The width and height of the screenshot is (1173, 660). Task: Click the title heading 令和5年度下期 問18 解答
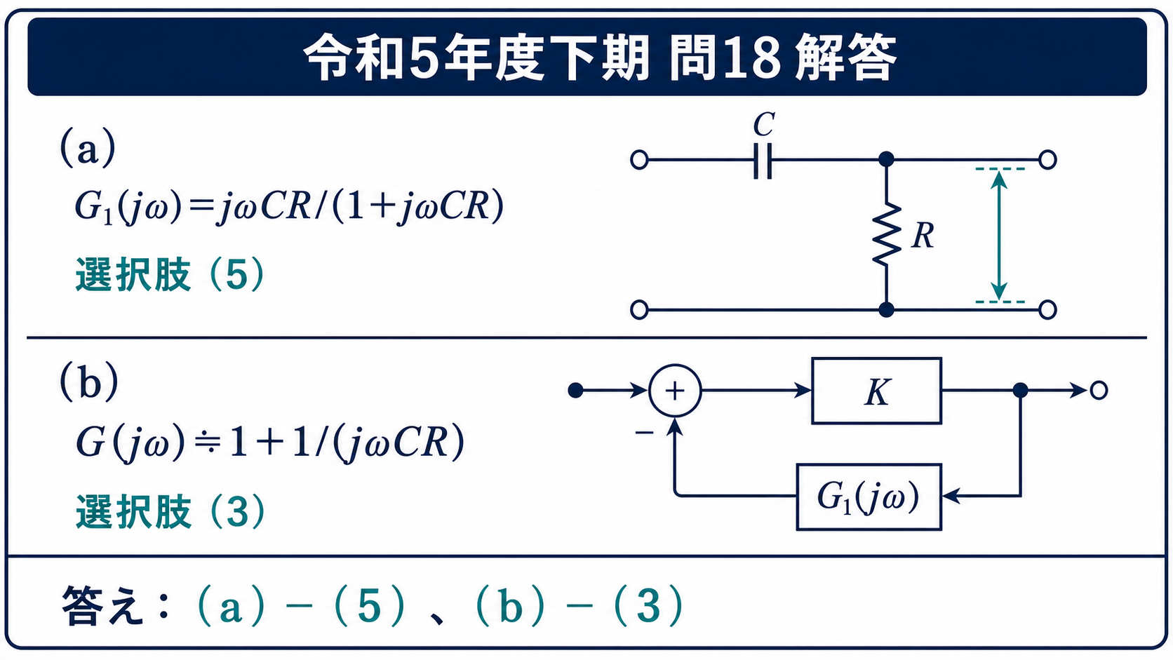[x=600, y=57]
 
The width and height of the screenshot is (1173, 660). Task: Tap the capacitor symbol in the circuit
[x=763, y=160]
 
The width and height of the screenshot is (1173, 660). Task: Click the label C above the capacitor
[x=764, y=125]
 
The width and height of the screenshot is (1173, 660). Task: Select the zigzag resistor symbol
[x=887, y=234]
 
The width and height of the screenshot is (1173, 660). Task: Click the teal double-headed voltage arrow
[x=999, y=236]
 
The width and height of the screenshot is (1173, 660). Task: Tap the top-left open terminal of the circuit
[x=639, y=160]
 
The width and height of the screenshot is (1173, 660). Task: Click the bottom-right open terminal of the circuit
[x=1047, y=310]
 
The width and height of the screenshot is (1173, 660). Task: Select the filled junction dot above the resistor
[x=886, y=159]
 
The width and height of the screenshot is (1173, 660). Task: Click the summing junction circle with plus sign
[x=675, y=391]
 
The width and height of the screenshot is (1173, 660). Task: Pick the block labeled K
[x=877, y=391]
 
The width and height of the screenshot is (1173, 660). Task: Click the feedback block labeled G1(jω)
[x=869, y=497]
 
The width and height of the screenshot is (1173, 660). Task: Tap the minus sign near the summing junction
[x=644, y=432]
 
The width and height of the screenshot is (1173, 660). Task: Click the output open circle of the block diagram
[x=1099, y=391]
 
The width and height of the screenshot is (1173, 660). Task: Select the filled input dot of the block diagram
[x=575, y=391]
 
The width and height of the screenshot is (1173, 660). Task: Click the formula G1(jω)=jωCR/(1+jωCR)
[x=289, y=206]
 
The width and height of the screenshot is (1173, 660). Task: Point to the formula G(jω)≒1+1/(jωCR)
[x=270, y=443]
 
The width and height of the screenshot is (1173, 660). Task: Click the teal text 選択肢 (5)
[x=170, y=274]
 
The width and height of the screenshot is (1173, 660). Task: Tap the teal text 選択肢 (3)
[x=170, y=511]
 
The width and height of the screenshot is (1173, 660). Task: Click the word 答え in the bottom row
[x=102, y=606]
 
